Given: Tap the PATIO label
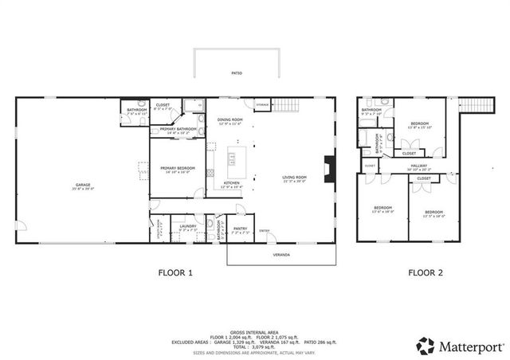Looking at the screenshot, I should [237, 73].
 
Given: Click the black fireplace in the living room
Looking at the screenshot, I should [327, 169].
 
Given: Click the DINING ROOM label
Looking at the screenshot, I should [229, 120].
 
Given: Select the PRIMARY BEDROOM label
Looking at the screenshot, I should [178, 168].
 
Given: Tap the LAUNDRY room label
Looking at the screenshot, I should [188, 226].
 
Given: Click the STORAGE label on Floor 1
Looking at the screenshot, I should [262, 104].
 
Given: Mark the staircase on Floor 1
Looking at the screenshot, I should [286, 104].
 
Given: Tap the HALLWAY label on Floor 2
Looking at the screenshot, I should [418, 166].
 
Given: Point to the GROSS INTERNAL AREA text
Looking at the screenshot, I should [254, 331].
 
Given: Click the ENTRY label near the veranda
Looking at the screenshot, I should [264, 231].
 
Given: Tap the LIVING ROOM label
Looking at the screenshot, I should [294, 178].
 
